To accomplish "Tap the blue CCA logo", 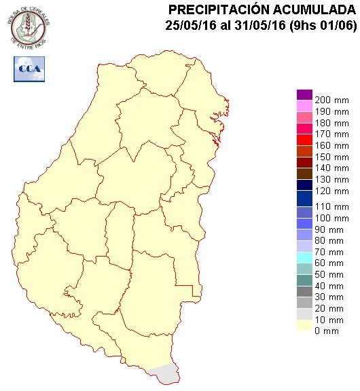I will (x=29, y=69).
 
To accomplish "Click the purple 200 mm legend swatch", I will (x=304, y=94).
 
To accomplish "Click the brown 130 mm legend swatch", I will (x=304, y=173).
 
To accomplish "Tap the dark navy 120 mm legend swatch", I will (x=304, y=185).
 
